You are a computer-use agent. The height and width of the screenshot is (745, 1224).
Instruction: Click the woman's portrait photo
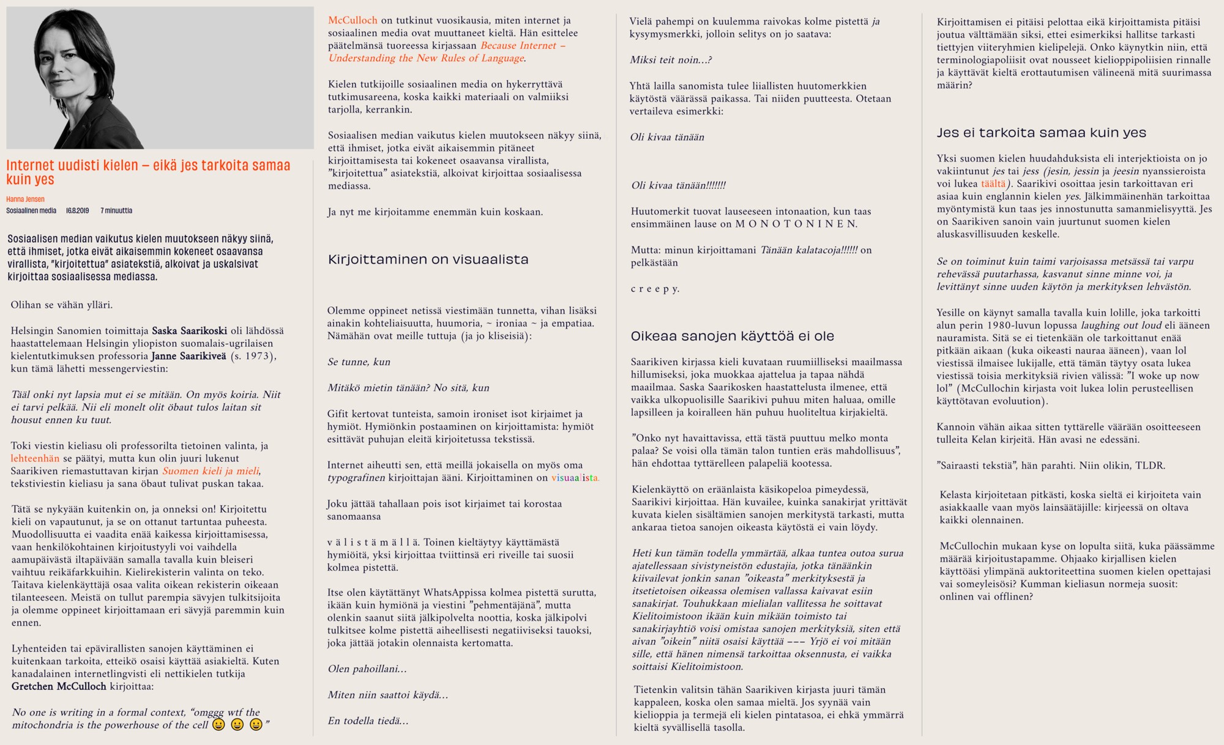click(x=160, y=78)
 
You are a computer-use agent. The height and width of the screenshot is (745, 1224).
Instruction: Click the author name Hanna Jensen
click(x=25, y=199)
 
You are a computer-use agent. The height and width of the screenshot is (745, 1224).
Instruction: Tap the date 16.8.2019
click(x=77, y=210)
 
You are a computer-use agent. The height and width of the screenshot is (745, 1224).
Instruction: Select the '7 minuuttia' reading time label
click(x=116, y=210)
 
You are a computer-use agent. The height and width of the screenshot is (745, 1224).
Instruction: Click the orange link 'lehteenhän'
click(x=35, y=458)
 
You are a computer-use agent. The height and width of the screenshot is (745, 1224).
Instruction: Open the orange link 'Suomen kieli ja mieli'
click(x=211, y=471)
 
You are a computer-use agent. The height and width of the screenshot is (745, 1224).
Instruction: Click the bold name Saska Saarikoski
click(x=189, y=331)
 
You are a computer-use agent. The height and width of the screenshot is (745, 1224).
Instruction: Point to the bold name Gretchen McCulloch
click(x=59, y=686)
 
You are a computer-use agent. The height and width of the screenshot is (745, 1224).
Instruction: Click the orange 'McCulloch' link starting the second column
click(x=353, y=20)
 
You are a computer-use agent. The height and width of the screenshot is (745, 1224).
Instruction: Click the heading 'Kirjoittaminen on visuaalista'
click(x=428, y=259)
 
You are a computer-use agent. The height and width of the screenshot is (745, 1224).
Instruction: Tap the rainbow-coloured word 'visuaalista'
click(x=575, y=478)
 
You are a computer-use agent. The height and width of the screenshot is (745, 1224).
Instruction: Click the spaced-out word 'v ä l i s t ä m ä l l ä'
click(x=373, y=542)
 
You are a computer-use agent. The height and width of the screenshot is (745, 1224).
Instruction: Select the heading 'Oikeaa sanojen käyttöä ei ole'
click(x=732, y=336)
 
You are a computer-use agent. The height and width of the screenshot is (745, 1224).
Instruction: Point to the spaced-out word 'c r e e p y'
click(x=654, y=289)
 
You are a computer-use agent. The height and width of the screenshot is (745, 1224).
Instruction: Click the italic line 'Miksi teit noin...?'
click(x=670, y=60)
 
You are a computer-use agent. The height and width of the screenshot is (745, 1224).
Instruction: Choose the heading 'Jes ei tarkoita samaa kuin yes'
click(x=1041, y=133)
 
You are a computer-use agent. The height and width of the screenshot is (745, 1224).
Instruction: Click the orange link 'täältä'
click(x=993, y=183)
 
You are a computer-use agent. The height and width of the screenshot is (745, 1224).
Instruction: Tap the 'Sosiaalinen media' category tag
click(x=31, y=210)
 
